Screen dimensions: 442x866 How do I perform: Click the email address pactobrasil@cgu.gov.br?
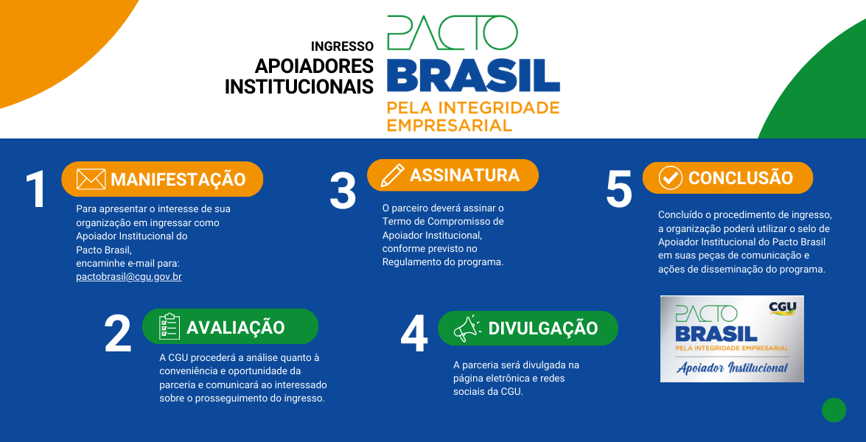coord(128,277)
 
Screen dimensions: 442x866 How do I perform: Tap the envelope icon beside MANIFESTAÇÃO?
coord(91,179)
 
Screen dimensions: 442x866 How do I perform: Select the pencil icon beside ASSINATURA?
coord(391,175)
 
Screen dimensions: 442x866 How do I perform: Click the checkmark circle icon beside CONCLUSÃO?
coord(670,178)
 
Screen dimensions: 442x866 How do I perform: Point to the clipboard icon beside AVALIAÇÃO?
coord(170,326)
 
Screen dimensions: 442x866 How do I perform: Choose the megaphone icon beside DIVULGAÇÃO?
coord(467,329)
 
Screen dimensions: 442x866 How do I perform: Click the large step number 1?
coord(36,190)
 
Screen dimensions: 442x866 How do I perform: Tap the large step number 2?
coord(118,334)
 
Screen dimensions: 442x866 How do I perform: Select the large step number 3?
coord(343,191)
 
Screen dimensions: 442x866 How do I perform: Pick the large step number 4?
coord(414,334)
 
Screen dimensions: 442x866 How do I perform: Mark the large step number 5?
coord(619,189)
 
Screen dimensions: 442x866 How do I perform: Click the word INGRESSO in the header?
coord(342,46)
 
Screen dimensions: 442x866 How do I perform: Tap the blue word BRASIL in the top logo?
coord(473,76)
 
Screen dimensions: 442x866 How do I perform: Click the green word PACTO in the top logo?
coord(452,33)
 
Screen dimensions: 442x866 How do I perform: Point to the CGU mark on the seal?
coord(782,308)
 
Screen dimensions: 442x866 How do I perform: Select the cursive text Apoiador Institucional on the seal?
coord(732,368)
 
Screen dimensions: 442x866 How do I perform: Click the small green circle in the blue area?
coord(834,410)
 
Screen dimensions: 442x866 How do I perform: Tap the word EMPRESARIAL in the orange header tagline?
coord(449,124)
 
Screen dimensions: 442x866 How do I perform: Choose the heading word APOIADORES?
coord(314,66)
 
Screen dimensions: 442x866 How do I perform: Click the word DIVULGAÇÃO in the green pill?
coord(543,329)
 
